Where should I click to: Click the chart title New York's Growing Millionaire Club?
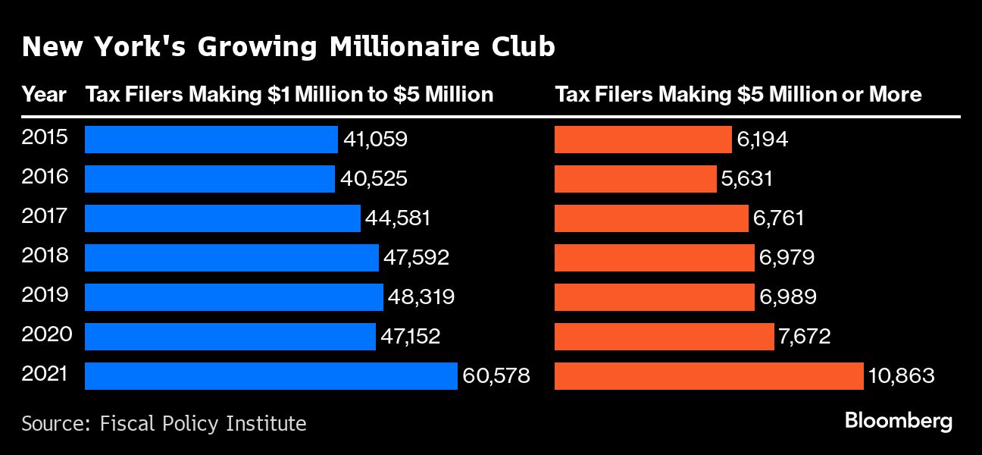pyautogui.click(x=288, y=47)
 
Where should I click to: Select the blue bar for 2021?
pyautogui.click(x=271, y=376)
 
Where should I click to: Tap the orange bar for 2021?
pyautogui.click(x=708, y=376)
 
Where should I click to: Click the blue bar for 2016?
pyautogui.click(x=209, y=179)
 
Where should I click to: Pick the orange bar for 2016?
pyautogui.click(x=635, y=179)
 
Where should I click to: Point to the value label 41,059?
pyautogui.click(x=375, y=140)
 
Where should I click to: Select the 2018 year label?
pyautogui.click(x=45, y=256)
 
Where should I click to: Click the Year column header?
pyautogui.click(x=44, y=95)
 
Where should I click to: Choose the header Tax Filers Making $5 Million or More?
pyautogui.click(x=738, y=95)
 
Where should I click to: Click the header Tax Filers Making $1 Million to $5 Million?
pyautogui.click(x=289, y=95)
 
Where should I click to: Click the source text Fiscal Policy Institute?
pyautogui.click(x=202, y=423)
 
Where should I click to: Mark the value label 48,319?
pyautogui.click(x=421, y=297)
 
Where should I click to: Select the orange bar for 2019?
pyautogui.click(x=655, y=297)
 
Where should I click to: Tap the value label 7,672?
pyautogui.click(x=805, y=337)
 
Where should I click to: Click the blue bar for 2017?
pyautogui.click(x=222, y=218)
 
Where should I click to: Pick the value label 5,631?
pyautogui.click(x=746, y=179)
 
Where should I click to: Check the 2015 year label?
pyautogui.click(x=45, y=137)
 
